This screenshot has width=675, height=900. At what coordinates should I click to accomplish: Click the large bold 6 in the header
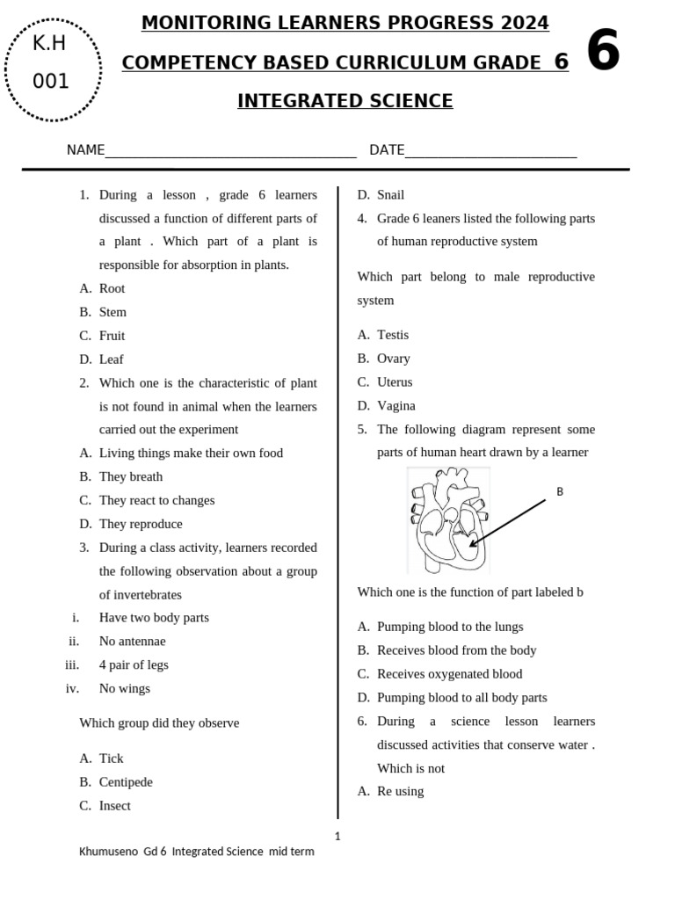[603, 52]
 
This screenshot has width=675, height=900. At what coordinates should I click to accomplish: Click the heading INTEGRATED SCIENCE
[345, 101]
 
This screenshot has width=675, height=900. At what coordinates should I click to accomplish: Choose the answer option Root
[112, 288]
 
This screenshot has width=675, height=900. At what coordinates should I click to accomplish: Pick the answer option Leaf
[111, 359]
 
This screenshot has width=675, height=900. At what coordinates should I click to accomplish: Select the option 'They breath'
[130, 476]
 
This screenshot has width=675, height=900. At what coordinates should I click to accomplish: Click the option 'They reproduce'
[141, 524]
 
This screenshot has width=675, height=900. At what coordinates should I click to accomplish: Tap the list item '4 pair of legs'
[134, 665]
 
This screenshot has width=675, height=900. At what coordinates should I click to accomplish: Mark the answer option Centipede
[126, 782]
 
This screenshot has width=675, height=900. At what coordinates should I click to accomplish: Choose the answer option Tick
[111, 758]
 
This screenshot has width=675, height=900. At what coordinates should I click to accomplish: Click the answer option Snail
[390, 195]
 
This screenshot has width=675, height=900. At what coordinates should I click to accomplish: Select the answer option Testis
[392, 335]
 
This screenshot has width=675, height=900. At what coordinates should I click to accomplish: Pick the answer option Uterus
[394, 382]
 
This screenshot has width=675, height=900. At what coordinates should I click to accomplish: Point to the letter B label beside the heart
[560, 492]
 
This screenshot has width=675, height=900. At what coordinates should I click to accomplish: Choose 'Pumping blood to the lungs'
[449, 627]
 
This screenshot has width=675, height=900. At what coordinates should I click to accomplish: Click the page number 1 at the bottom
[337, 836]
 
